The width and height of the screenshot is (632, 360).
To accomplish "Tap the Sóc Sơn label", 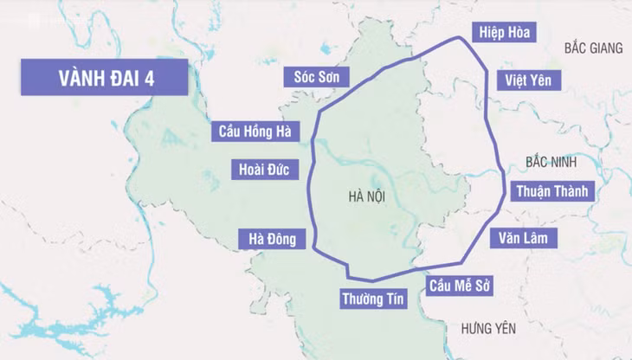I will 316,78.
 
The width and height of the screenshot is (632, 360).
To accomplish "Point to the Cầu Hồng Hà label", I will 255,132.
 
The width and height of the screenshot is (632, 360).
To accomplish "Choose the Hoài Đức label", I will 264,169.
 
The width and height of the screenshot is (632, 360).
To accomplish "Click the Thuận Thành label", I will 552,191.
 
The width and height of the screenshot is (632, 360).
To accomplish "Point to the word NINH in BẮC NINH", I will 570,162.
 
